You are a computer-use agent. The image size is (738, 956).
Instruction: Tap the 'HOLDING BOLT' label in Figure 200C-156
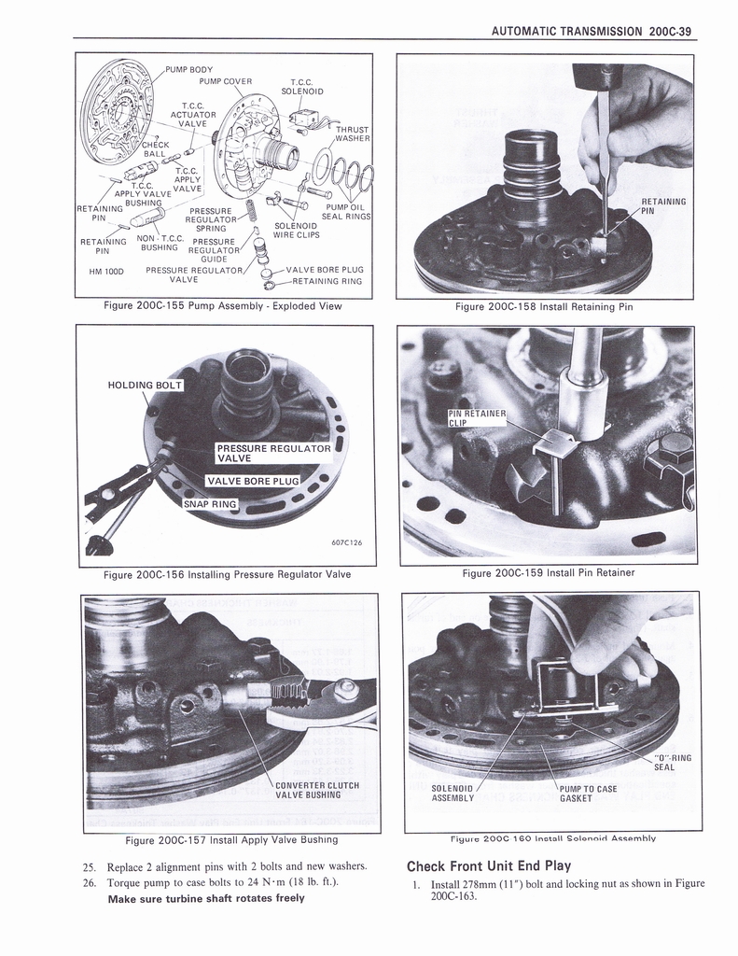coord(144,386)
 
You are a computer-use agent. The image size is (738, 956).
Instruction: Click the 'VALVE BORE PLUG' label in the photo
coord(253,481)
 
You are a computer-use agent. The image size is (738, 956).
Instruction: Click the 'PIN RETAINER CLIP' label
coord(477,417)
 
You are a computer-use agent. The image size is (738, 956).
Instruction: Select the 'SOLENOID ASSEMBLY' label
coord(453,793)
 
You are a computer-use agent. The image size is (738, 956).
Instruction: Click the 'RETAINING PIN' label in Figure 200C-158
coord(663,206)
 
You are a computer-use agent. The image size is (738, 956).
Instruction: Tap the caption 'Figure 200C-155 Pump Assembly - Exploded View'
coord(225,305)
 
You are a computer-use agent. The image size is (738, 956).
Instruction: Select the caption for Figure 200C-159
coord(548,572)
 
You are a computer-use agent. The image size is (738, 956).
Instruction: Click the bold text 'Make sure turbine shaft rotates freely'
coord(205,898)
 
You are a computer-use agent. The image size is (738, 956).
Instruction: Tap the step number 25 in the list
coord(91,865)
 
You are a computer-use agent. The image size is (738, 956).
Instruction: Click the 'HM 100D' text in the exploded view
coord(107,272)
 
